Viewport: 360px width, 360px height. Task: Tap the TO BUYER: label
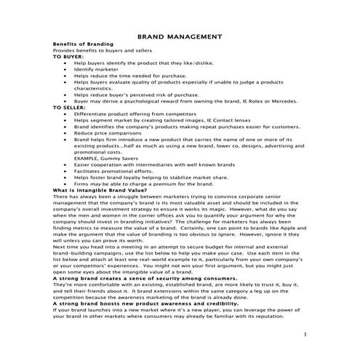click(x=68, y=55)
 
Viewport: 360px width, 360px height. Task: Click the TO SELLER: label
click(x=70, y=108)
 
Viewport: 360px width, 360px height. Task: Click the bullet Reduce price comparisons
click(x=109, y=132)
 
